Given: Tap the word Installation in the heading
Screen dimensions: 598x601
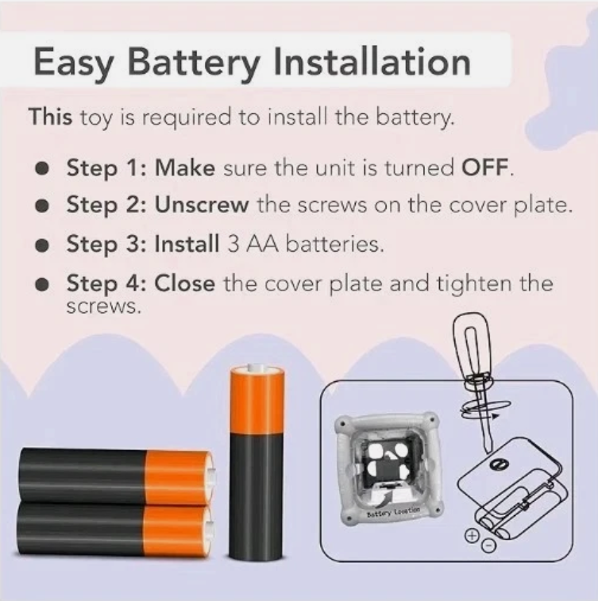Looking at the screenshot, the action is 372,61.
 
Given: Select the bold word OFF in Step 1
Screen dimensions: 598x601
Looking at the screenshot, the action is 485,167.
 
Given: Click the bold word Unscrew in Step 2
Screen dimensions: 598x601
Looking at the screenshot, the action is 202,205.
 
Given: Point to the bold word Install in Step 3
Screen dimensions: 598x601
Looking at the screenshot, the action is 187,244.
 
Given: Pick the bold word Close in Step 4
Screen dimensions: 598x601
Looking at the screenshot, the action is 185,283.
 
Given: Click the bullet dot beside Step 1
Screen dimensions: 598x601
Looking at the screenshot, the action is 42,168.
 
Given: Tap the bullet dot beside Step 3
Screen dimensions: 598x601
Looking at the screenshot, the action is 42,245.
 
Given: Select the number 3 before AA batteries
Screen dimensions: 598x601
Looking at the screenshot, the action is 233,244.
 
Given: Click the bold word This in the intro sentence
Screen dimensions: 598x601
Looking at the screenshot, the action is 50,116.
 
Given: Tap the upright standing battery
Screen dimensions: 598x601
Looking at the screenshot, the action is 257,463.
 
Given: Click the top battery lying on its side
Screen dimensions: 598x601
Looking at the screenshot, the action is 117,477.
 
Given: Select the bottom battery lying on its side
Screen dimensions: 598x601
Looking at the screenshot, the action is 115,531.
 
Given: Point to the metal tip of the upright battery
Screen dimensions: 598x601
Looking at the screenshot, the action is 257,368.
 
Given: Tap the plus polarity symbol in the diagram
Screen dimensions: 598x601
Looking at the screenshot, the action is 472,535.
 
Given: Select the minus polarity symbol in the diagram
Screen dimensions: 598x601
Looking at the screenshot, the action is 488,545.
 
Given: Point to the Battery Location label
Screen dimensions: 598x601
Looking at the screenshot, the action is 393,511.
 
